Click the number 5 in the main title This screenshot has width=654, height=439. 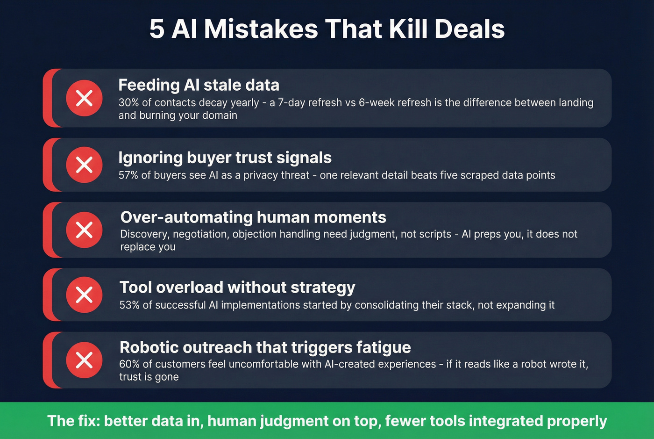coord(157,29)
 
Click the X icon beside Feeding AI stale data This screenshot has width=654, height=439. coord(84,98)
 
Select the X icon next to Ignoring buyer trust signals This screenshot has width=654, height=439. coord(84,165)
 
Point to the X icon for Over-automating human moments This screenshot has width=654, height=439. coord(84,230)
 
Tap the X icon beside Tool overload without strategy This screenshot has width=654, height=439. coord(84,295)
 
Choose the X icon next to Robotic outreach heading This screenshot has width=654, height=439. coord(84,360)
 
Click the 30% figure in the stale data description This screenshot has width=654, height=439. coord(128,103)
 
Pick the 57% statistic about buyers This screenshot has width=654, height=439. coord(128,175)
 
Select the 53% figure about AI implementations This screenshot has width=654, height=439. coord(129,305)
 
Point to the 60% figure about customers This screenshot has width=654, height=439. coord(129,364)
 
